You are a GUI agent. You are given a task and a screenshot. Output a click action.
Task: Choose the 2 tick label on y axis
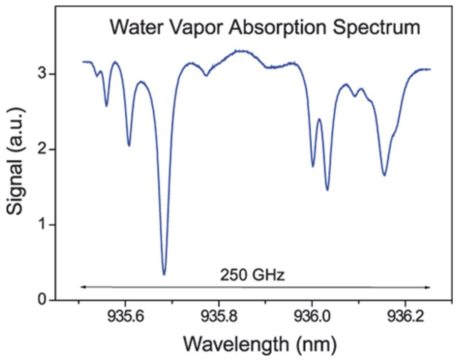coord(41,149)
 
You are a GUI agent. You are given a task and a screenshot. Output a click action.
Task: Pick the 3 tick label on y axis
coord(41,74)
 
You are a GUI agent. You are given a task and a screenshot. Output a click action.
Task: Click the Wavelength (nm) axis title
coord(259,345)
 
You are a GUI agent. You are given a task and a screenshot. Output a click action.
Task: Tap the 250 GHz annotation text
coord(252,275)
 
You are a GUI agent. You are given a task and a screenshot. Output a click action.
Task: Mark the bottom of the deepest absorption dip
coord(164,274)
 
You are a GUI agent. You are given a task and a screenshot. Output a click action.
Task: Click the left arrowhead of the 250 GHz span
coord(81,287)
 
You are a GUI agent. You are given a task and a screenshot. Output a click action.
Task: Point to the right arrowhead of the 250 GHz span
coord(429,287)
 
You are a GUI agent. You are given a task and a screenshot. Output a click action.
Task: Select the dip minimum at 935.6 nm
coord(129,146)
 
